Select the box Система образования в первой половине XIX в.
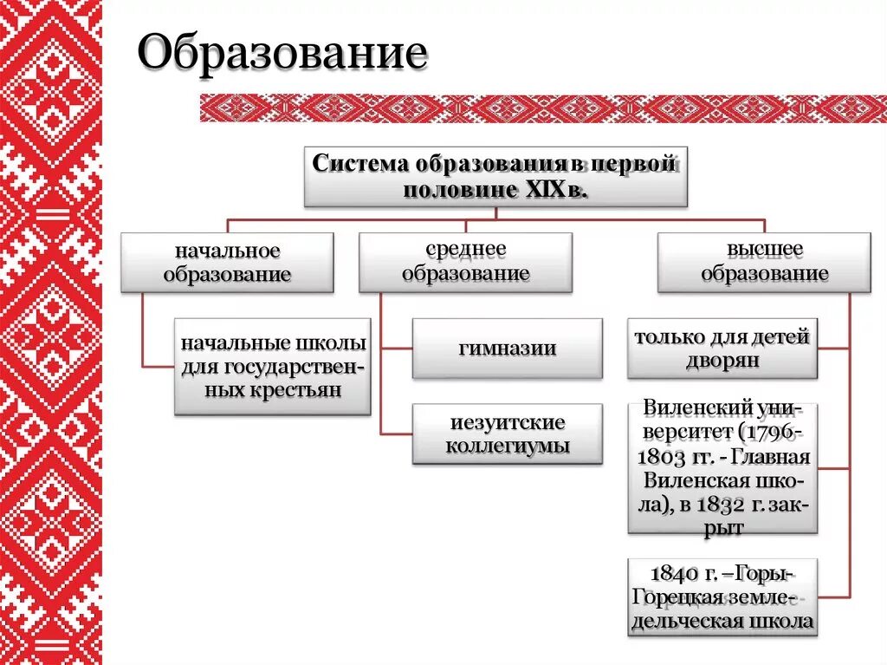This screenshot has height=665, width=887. pyautogui.click(x=495, y=177)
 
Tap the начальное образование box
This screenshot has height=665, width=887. pyautogui.click(x=227, y=263)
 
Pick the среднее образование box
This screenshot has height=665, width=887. pyautogui.click(x=465, y=262)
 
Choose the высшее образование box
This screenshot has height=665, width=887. pyautogui.click(x=764, y=262)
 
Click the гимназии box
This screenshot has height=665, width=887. pyautogui.click(x=507, y=349)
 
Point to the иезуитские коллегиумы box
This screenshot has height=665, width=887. pyautogui.click(x=507, y=434)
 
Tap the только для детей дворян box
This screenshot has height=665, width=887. pyautogui.click(x=722, y=349)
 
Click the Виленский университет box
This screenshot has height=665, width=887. pyautogui.click(x=722, y=467)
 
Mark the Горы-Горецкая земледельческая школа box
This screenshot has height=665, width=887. pyautogui.click(x=722, y=598)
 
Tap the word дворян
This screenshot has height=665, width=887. pyautogui.click(x=722, y=361)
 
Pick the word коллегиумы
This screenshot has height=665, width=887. pyautogui.click(x=507, y=447)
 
